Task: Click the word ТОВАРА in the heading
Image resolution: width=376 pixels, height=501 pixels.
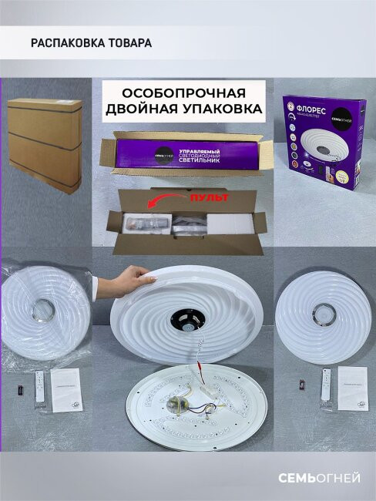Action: (128, 43)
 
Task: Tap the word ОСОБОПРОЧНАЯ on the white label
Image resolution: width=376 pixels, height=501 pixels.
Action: (183, 91)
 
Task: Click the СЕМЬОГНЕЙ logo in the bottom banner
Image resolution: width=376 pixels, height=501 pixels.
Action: (319, 479)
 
